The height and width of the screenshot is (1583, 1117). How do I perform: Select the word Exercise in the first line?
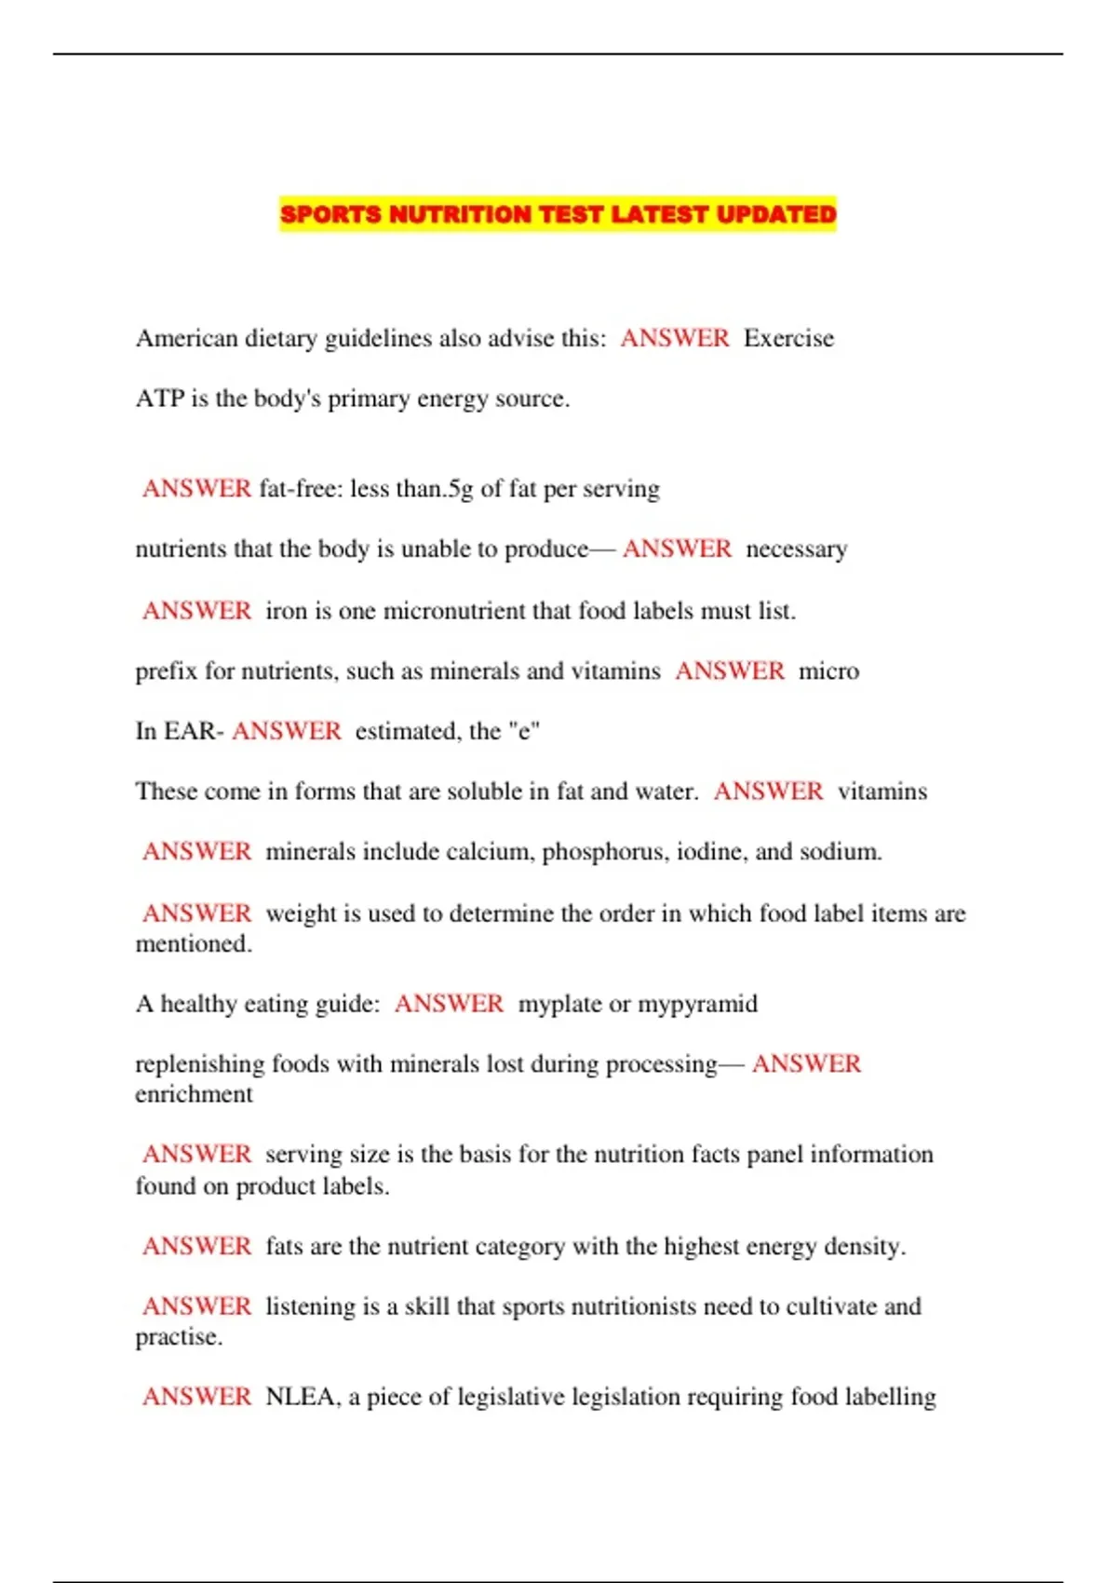788,338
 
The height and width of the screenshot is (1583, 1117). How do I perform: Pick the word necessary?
797,549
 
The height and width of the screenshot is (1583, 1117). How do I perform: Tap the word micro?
828,671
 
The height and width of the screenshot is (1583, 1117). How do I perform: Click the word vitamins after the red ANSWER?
882,791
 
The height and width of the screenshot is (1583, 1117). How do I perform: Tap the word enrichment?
194,1094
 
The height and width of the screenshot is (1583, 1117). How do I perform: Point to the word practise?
178,1338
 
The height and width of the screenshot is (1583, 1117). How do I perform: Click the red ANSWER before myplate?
449,1004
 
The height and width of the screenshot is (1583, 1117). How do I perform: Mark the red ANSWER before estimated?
287,731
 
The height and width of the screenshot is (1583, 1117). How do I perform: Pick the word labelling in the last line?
890,1397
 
